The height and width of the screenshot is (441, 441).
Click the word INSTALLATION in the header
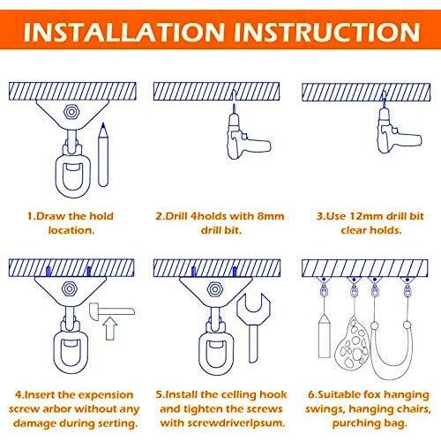point(123,32)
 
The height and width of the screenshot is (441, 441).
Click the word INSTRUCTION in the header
point(326,32)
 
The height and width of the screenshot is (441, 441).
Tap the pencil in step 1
point(103,154)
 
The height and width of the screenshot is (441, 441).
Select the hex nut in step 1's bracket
point(71,112)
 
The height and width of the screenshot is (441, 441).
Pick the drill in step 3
point(397,130)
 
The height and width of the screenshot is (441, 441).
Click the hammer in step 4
point(112,311)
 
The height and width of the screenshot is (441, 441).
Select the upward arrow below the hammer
point(110,328)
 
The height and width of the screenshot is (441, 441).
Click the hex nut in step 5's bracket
point(215,289)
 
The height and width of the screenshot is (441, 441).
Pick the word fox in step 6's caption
point(373,394)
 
